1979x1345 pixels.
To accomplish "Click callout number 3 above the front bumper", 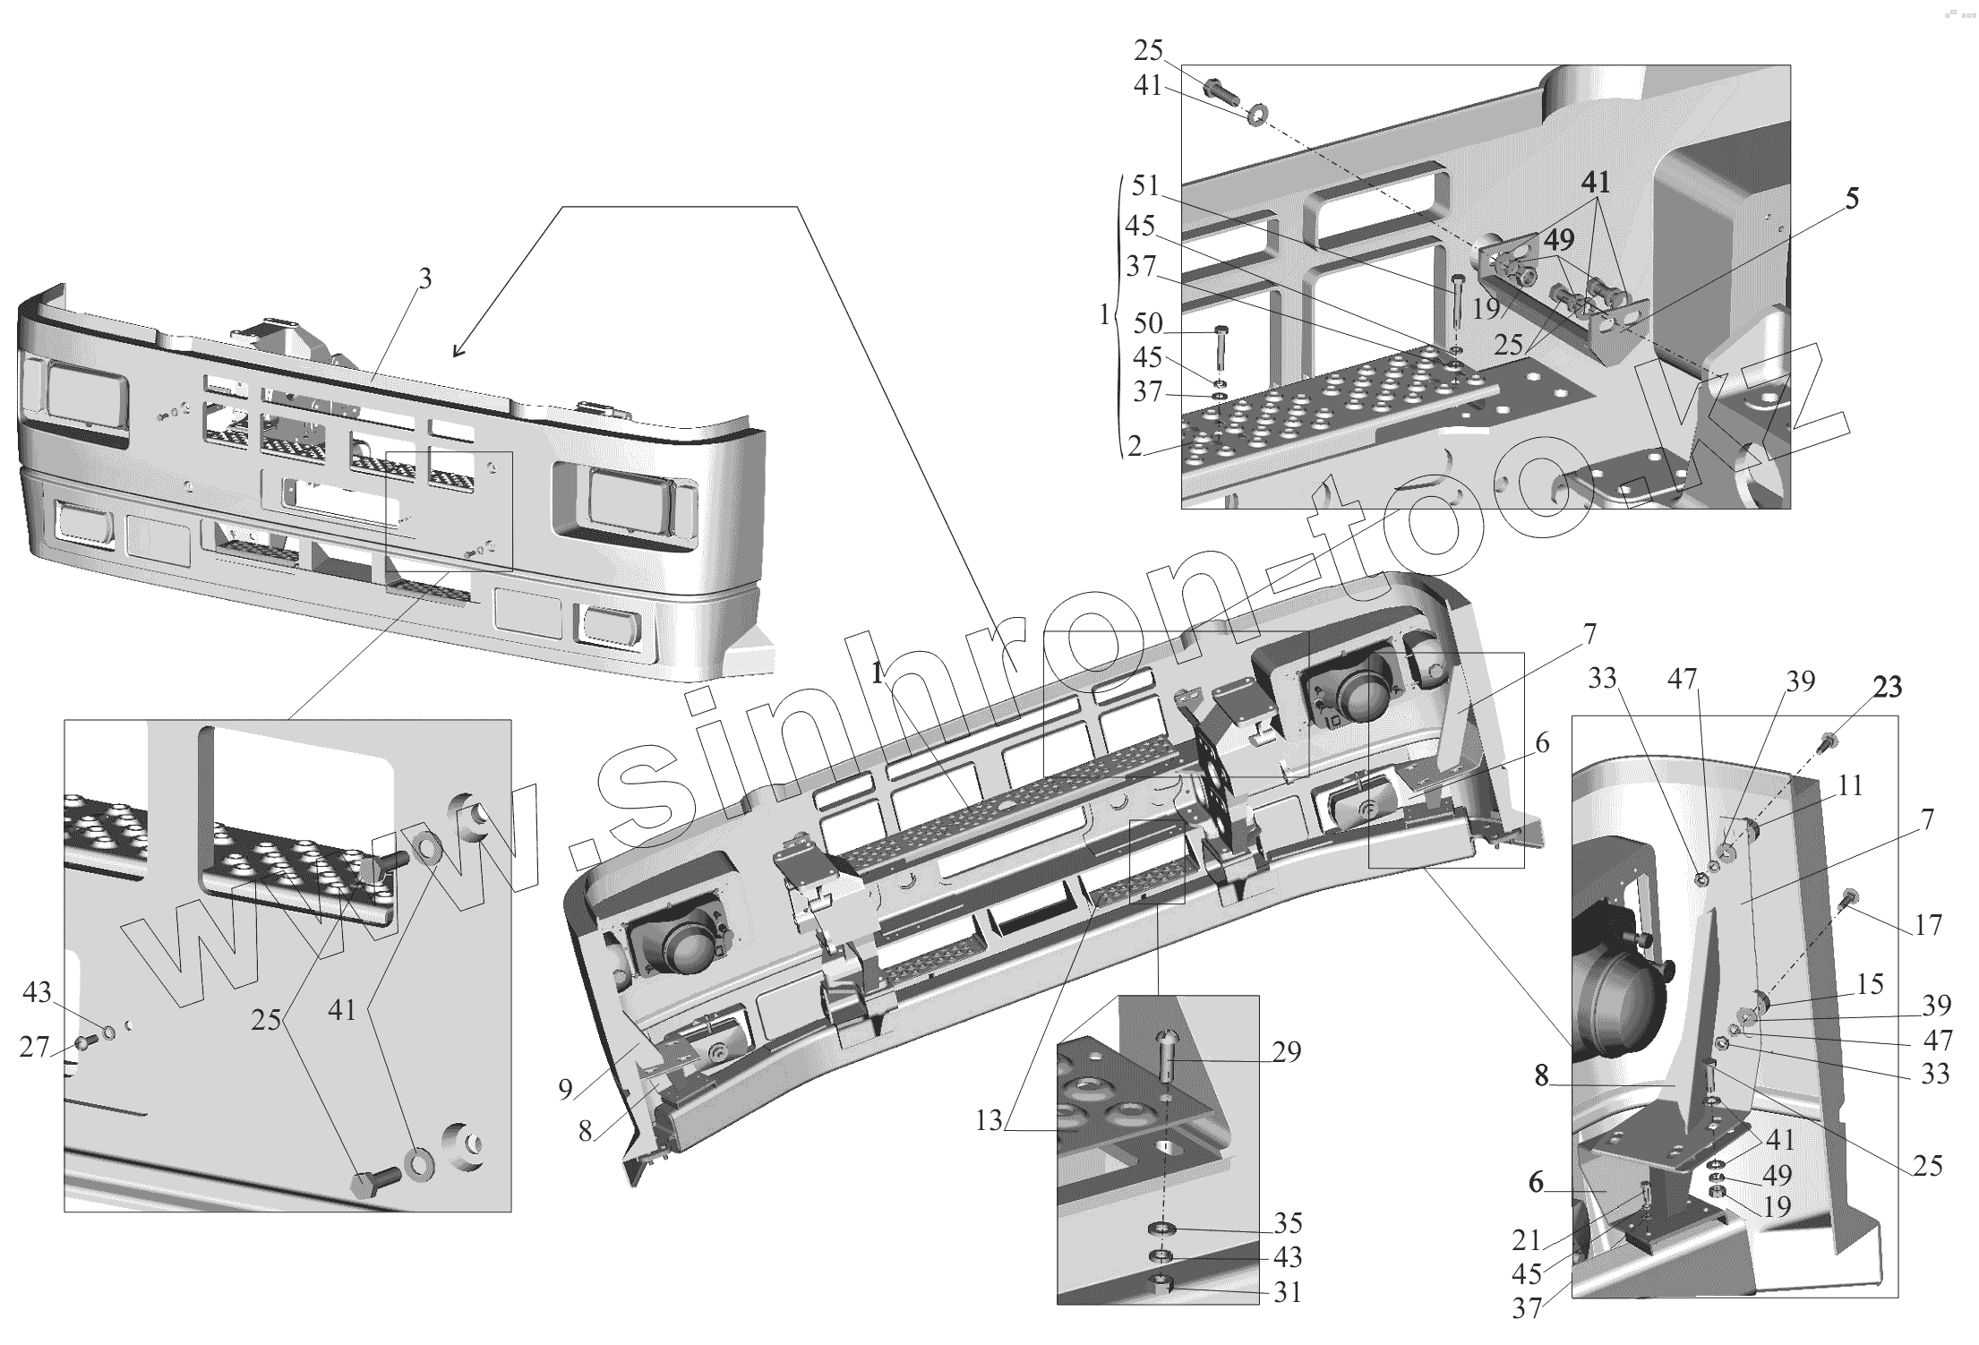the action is click(x=424, y=279).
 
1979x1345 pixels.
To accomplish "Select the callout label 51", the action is click(x=1145, y=186).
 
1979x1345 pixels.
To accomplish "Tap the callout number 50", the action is click(x=1147, y=323).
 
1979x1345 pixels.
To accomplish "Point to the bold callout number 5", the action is click(x=1851, y=198).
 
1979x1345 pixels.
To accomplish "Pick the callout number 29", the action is click(x=1286, y=1051).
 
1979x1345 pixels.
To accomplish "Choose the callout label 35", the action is click(x=1288, y=1223).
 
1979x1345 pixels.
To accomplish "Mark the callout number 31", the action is click(x=1288, y=1292).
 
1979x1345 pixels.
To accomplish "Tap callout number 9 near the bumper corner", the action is click(x=565, y=1089).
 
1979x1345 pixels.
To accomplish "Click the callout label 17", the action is click(x=1928, y=924).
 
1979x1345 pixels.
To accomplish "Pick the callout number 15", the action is click(x=1870, y=984).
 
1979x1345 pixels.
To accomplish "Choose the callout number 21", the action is click(x=1526, y=1239).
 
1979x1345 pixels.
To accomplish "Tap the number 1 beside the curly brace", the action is click(x=1104, y=314).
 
